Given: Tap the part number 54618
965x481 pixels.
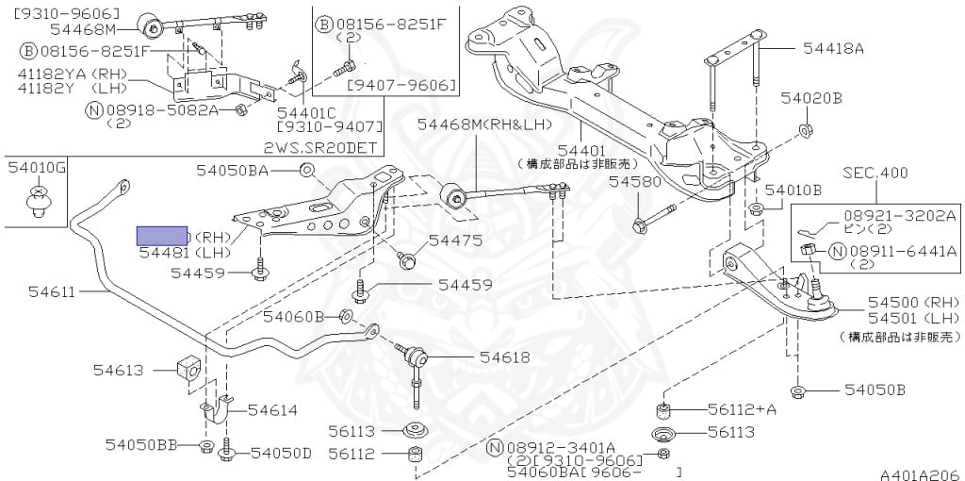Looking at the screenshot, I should coord(504,357).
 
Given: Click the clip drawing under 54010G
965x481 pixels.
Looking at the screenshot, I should coord(37,202).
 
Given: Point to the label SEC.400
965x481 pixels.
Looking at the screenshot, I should coord(875,173).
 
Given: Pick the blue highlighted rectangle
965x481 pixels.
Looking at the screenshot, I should coord(163,237).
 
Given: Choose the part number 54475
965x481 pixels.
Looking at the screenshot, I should coord(455,240).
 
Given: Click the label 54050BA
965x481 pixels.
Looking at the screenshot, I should coord(233,170).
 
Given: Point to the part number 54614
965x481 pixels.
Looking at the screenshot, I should coord(272,409).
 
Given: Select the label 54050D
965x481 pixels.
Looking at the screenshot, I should coord(281,454).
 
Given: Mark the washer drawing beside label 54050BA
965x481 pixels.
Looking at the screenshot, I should coord(307,170).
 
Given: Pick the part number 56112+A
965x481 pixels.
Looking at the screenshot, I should coord(743,409).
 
